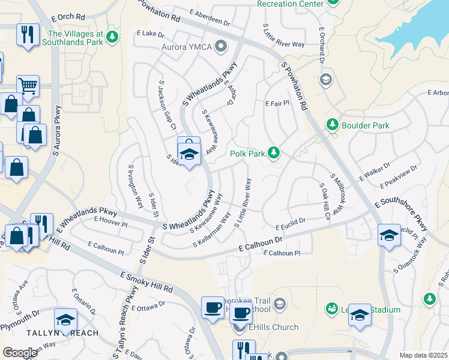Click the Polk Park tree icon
[x=274, y=154]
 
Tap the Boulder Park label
[x=366, y=125]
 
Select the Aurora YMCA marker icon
[x=221, y=46]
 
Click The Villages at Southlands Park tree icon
[x=112, y=38]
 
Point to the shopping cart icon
[x=28, y=86]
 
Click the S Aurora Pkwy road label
[x=58, y=131]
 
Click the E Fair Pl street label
[x=277, y=103]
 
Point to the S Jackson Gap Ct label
[x=166, y=105]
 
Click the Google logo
[x=20, y=353]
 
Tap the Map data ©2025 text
[x=423, y=355]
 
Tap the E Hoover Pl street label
[x=111, y=223]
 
